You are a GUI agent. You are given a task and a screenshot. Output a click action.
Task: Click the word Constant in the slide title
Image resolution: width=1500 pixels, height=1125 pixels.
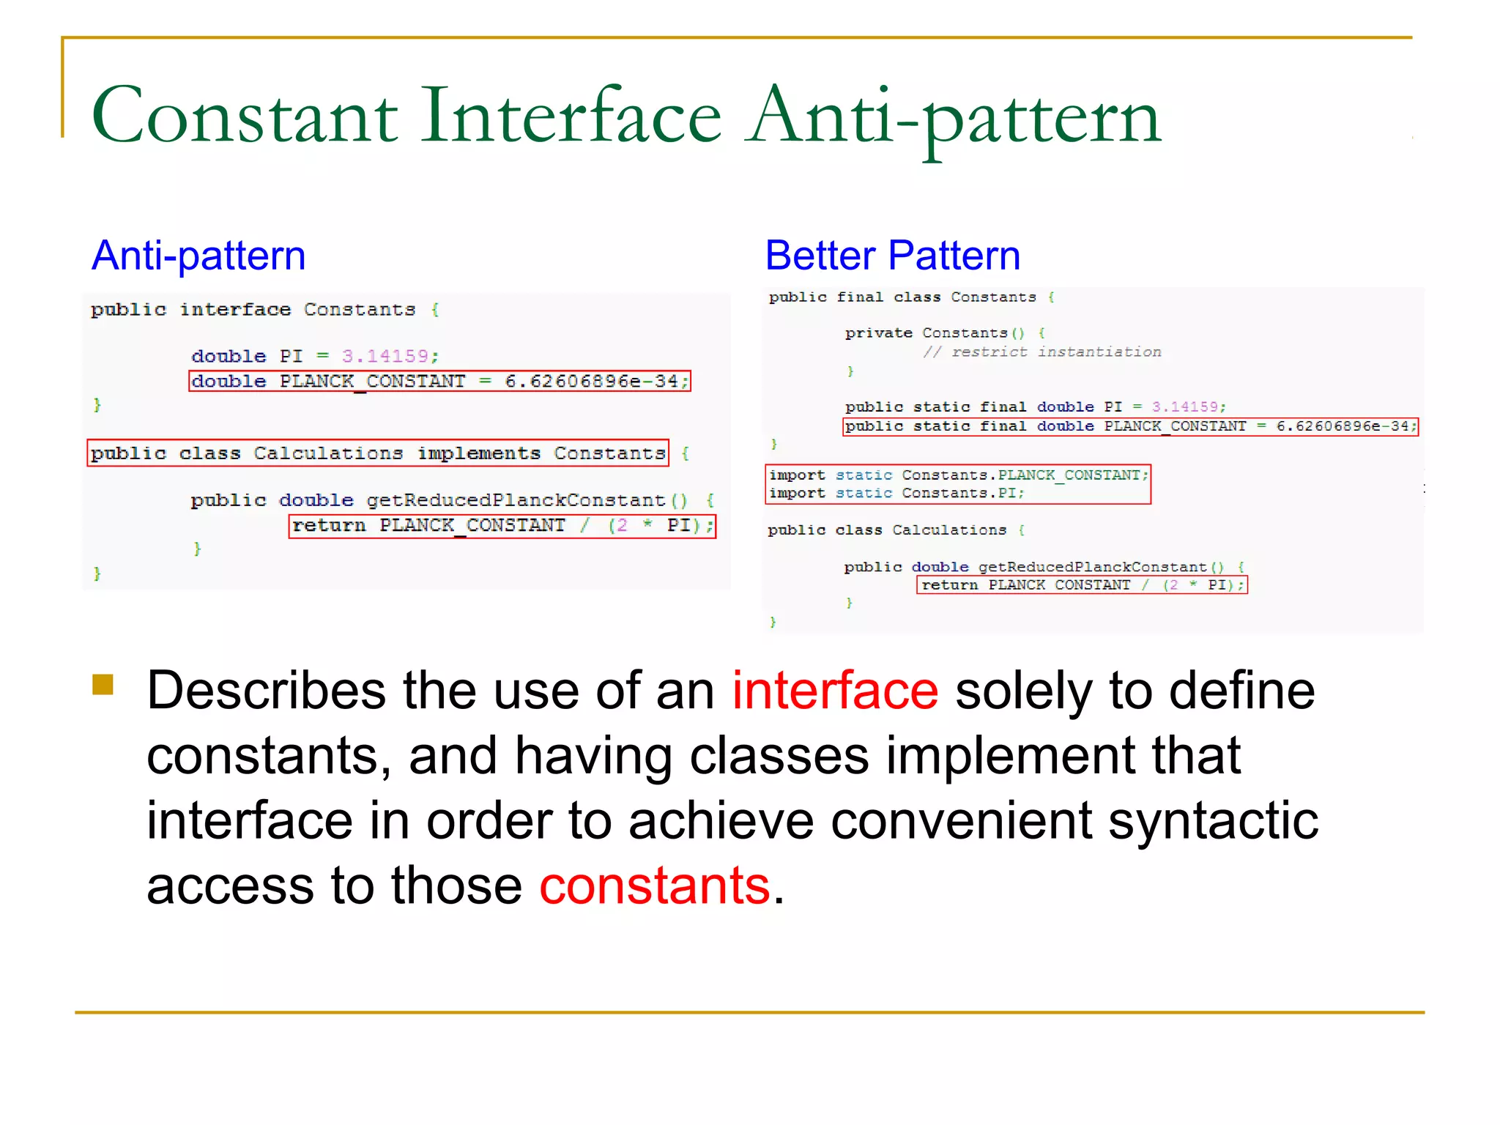pos(245,116)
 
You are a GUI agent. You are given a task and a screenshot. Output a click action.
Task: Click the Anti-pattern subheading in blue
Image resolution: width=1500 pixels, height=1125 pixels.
pos(198,256)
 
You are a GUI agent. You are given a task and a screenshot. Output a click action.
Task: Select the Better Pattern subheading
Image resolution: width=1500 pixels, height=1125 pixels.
pos(892,256)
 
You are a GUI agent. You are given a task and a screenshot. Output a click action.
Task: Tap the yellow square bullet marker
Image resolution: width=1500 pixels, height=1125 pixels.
pos(103,684)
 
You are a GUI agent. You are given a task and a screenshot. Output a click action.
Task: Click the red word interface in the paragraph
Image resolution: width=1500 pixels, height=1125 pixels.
pos(835,691)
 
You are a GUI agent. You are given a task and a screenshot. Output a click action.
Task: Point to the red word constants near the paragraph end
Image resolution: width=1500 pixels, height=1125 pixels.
pos(655,885)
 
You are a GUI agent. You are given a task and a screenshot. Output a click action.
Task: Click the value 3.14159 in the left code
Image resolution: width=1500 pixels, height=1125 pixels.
pos(385,356)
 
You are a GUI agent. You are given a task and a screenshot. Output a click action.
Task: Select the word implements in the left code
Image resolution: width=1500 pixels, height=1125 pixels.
pos(478,453)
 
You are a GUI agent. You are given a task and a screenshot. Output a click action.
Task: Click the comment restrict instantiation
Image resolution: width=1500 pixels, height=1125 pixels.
pos(1042,352)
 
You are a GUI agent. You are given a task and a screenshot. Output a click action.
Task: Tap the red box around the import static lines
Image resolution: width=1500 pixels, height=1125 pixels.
pos(958,484)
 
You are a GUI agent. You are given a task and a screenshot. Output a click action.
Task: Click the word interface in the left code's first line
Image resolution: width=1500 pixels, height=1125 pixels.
pos(235,310)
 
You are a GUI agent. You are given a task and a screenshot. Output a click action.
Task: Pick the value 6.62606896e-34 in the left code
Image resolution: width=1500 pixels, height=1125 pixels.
pos(592,381)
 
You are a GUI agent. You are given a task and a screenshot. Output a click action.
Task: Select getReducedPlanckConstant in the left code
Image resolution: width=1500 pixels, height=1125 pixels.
pos(516,500)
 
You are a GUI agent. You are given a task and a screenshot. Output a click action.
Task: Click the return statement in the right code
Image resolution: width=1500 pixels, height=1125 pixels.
pos(1081,584)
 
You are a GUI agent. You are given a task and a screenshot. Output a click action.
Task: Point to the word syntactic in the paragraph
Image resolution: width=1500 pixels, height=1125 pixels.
pos(1213,820)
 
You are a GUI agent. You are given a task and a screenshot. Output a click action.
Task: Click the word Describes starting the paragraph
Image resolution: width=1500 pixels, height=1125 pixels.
pos(266,691)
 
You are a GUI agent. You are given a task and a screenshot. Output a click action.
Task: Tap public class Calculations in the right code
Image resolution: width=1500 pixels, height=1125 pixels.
pos(887,530)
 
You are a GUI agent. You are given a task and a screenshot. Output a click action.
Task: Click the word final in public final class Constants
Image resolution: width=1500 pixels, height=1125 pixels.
pos(859,297)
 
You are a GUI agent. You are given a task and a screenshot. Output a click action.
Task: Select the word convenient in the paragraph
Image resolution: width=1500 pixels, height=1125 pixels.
pos(962,820)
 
